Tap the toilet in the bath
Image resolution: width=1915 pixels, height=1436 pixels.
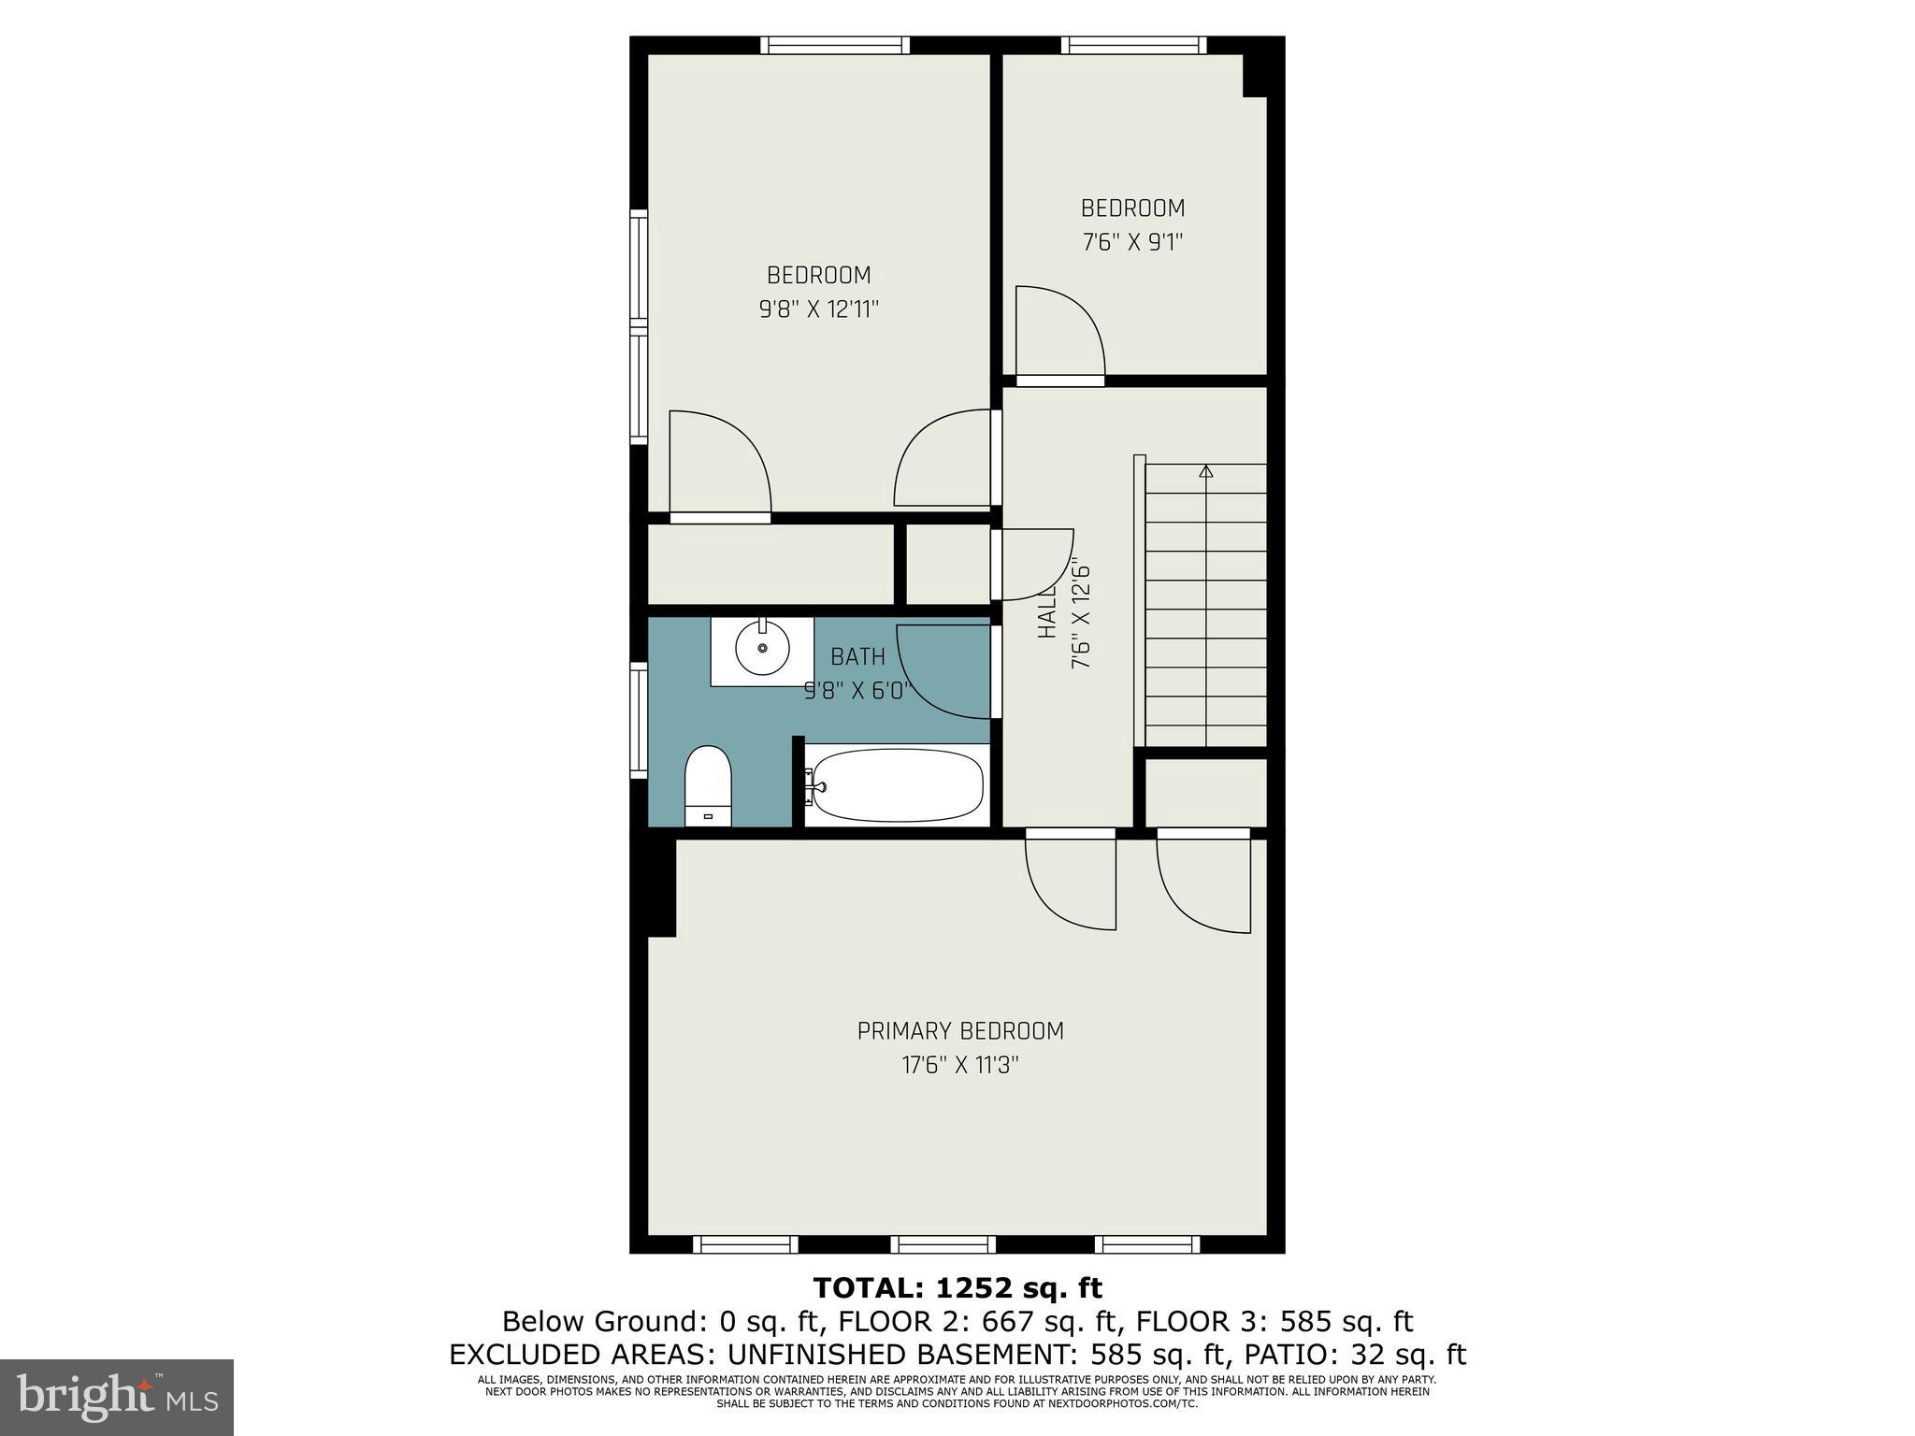(x=707, y=783)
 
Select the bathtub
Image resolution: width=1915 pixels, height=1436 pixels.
(x=896, y=785)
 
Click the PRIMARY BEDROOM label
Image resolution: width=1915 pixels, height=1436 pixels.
(x=960, y=1031)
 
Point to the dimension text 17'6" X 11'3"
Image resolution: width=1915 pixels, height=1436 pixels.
(x=960, y=1065)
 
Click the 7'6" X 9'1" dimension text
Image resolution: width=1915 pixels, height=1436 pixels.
(x=1132, y=242)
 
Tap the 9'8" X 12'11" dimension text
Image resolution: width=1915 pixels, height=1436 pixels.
(x=819, y=309)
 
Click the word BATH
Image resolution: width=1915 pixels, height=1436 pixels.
(x=857, y=657)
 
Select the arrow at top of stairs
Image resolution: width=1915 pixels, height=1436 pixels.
(x=1206, y=472)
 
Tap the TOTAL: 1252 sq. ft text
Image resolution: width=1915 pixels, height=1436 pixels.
(x=957, y=1287)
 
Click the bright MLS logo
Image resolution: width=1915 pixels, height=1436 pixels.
(x=117, y=1397)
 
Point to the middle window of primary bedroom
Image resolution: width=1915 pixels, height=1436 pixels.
(x=943, y=1244)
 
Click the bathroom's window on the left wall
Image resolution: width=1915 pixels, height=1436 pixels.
(x=639, y=720)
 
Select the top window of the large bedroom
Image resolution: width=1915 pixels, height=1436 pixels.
(x=834, y=45)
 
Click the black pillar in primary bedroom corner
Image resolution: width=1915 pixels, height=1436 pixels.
(x=660, y=887)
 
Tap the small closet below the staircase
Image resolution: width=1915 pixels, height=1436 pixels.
(x=1206, y=792)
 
